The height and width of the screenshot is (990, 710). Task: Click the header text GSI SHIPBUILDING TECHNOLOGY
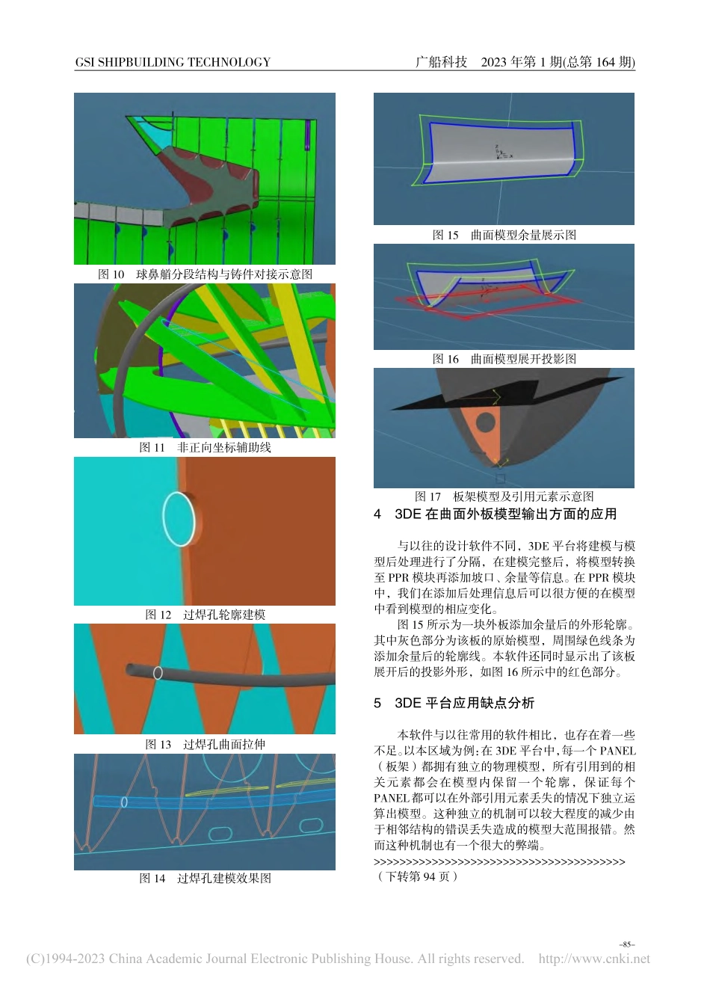(173, 63)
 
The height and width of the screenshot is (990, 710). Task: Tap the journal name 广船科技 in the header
(441, 62)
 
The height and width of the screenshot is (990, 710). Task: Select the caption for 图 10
(205, 274)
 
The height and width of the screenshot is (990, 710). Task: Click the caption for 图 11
(205, 447)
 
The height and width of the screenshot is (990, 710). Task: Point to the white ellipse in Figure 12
(179, 519)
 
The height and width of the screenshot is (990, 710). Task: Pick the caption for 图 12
(205, 615)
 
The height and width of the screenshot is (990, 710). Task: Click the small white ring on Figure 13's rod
(158, 673)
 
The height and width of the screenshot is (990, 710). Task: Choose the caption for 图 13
(205, 744)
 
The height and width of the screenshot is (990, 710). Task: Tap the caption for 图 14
(205, 878)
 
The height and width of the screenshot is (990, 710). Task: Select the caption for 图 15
(504, 235)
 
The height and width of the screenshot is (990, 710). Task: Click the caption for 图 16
(504, 359)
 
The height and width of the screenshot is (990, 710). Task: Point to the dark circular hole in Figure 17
(486, 422)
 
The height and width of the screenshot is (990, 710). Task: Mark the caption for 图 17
(504, 496)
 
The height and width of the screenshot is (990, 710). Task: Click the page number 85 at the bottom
(626, 944)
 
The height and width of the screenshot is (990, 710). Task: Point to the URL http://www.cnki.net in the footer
(594, 959)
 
